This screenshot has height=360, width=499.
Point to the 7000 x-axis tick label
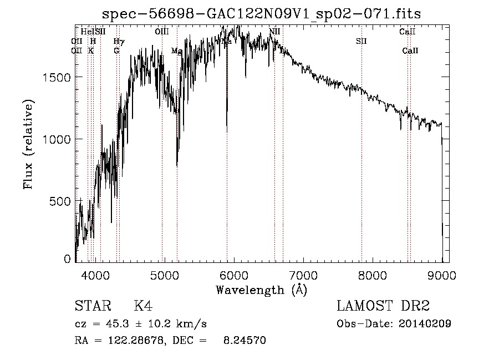point(303,275)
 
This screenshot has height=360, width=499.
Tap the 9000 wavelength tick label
point(442,275)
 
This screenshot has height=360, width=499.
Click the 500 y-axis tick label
point(62,201)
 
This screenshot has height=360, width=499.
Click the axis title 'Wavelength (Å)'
point(261,290)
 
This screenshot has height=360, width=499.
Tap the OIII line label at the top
point(162,32)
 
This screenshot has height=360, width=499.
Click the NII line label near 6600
point(274,32)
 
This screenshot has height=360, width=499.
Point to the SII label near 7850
point(361,41)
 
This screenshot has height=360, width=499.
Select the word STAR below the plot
point(90,306)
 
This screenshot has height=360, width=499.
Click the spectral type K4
point(142,306)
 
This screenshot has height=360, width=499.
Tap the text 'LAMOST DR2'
point(383,306)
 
